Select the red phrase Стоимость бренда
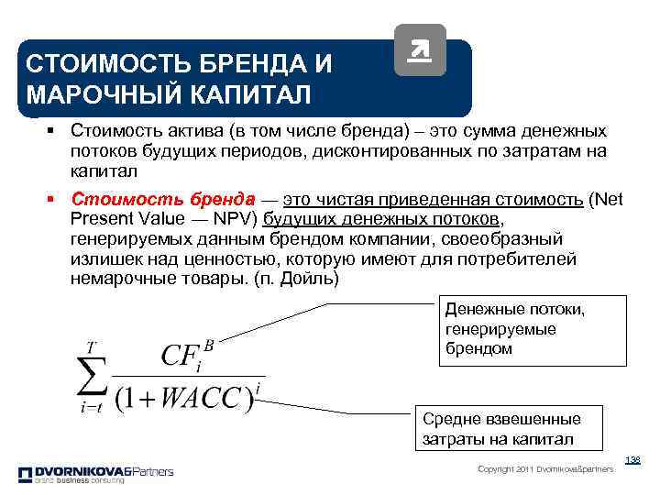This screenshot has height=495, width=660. (x=163, y=200)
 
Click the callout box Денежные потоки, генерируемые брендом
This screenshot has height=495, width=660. (x=532, y=329)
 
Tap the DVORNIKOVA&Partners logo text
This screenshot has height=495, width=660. (x=96, y=471)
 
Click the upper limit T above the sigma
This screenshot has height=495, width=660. (x=91, y=346)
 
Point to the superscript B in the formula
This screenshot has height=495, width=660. (x=208, y=345)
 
